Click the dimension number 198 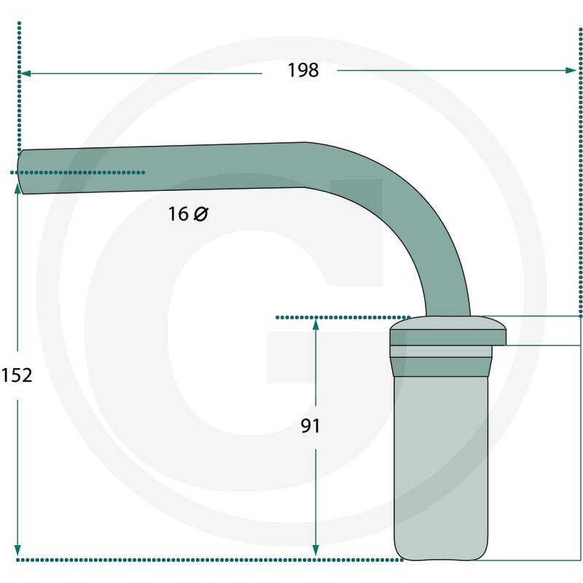coord(303,70)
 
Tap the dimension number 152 coord(17,375)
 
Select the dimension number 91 coord(310,426)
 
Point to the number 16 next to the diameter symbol coord(179,214)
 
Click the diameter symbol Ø coord(201,214)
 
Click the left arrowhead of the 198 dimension coord(25,74)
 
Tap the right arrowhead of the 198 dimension coord(571,70)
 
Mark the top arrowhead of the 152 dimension coord(17,189)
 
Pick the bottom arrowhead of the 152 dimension coord(17,551)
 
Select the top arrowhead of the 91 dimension coord(316,324)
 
